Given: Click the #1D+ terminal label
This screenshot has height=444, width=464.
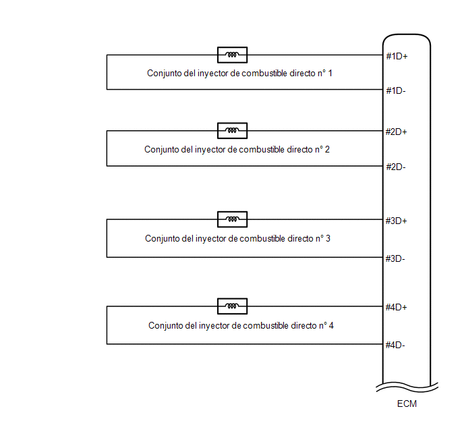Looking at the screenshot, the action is (397, 56).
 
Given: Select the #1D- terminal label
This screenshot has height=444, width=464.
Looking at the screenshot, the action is (396, 90).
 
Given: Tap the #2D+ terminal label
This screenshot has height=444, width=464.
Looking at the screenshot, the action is (397, 132).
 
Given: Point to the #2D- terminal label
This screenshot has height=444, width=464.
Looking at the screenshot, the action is (396, 167).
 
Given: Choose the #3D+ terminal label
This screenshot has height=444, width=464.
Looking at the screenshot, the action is (397, 221).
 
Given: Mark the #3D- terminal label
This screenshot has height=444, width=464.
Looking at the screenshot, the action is (395, 258).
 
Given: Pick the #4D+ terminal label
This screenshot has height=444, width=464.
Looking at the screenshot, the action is (397, 307).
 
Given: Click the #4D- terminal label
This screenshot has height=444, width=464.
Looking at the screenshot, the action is (395, 345).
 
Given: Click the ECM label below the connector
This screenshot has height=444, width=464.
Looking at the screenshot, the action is (407, 404).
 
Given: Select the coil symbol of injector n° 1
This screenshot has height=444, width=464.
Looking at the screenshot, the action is (232, 55).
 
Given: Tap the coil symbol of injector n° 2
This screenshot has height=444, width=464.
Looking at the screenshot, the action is (232, 130).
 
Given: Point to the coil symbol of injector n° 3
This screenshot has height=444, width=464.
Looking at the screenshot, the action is (232, 219).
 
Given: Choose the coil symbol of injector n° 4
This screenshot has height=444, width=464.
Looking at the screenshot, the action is (232, 306).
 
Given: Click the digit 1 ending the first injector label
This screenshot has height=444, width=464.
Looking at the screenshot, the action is (330, 73).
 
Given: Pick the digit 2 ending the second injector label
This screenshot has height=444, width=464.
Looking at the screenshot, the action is (327, 150).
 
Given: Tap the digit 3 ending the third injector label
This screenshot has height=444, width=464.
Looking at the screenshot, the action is (328, 239).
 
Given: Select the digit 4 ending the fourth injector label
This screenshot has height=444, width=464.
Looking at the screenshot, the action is (331, 326).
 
